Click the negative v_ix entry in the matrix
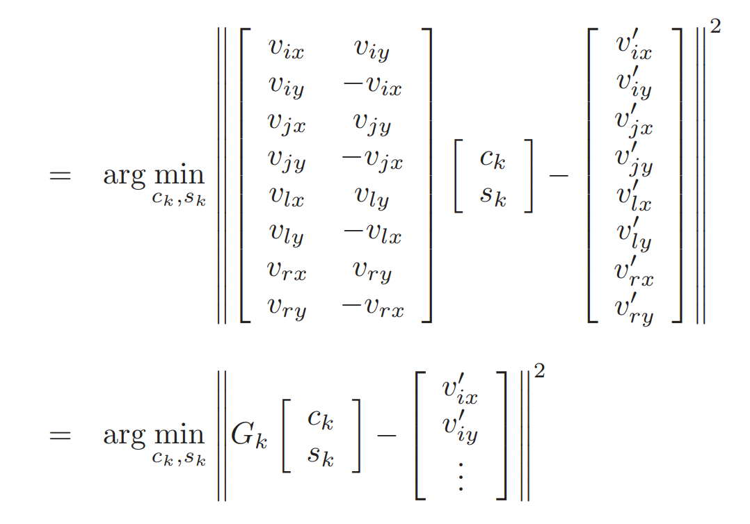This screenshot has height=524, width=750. coord(372,87)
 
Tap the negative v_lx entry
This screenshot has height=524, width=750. coord(372,235)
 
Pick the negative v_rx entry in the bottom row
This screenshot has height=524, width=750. coord(372,308)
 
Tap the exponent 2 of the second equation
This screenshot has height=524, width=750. coord(538,371)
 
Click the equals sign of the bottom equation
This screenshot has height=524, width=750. coord(60,435)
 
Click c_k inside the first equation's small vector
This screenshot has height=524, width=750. coord(493,159)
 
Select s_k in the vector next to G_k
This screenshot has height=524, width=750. coord(320,457)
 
